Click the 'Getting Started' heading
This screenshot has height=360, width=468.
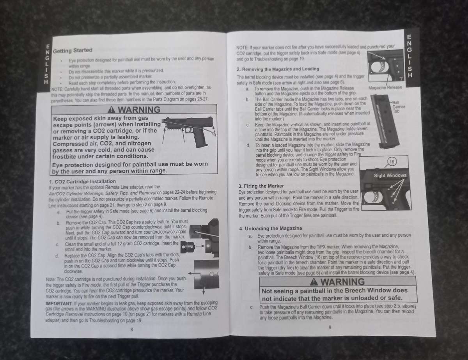click(73, 50)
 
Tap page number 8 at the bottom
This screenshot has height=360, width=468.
click(131, 330)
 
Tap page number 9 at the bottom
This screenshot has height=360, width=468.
click(330, 327)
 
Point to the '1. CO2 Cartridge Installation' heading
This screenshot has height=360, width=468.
click(82, 181)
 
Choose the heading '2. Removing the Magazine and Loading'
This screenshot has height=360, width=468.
click(278, 69)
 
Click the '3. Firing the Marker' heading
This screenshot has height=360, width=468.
click(261, 186)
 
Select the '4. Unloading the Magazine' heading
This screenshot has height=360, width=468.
click(270, 228)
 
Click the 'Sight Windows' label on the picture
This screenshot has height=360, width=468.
click(390, 176)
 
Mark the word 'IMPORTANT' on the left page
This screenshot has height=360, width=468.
click(58, 303)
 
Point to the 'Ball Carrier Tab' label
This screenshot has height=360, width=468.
click(396, 106)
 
